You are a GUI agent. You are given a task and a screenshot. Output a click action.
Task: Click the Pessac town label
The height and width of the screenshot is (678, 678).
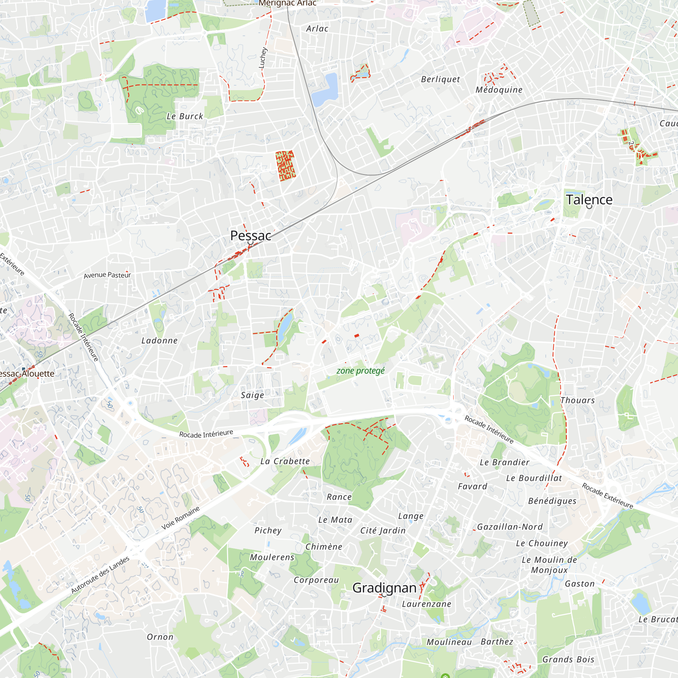coord(251,236)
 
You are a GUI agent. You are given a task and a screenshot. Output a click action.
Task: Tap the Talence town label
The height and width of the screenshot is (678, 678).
coord(589,200)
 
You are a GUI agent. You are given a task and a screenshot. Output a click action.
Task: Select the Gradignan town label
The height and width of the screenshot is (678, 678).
coord(384,587)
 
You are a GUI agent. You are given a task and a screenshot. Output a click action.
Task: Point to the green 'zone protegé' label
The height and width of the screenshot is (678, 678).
coord(360,371)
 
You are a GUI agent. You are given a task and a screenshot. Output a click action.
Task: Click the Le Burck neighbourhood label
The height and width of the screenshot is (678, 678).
coord(185,116)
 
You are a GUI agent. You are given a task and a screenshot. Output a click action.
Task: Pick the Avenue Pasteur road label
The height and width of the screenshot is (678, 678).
coord(107,275)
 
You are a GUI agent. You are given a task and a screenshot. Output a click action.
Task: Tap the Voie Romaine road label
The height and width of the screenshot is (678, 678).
coord(180,518)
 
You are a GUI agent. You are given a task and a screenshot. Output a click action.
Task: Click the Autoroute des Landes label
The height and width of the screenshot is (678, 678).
coord(100,575)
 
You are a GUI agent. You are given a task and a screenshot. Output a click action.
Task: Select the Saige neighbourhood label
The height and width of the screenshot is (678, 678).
coord(252,395)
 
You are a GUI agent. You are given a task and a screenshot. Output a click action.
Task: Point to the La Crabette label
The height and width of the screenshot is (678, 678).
coord(285,461)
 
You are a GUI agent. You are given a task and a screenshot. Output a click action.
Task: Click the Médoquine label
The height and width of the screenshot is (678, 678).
coord(499,90)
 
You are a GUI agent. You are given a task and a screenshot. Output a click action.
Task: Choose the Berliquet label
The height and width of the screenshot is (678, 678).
coord(440,79)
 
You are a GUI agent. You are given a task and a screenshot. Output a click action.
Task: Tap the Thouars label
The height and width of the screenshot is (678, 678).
coord(577,400)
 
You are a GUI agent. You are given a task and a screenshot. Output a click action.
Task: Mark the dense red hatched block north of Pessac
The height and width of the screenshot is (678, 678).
coord(285,166)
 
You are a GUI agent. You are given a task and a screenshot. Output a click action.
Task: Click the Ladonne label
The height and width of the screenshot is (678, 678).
coord(159,340)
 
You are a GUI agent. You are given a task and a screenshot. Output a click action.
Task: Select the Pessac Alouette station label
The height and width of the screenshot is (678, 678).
coord(26,373)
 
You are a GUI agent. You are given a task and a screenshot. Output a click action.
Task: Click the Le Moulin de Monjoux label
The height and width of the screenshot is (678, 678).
coord(549,565)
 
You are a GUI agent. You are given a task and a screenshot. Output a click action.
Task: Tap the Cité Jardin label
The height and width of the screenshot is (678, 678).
coord(382,531)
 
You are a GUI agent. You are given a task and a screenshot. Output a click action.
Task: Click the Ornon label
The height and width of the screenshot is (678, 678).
coord(160,637)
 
